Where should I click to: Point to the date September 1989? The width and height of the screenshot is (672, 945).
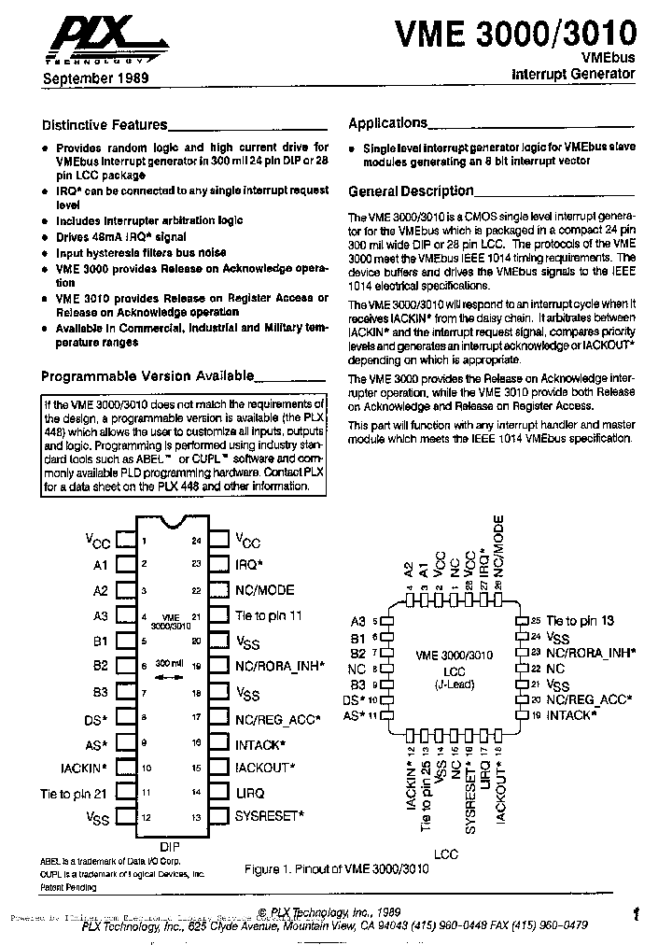click(95, 79)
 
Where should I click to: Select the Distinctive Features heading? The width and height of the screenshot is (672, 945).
click(105, 124)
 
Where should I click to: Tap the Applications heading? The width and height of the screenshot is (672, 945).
click(387, 122)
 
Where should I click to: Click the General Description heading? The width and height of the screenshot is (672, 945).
click(411, 190)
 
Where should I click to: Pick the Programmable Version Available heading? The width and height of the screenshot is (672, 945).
click(147, 375)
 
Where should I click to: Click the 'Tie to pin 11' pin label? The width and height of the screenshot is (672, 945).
click(269, 616)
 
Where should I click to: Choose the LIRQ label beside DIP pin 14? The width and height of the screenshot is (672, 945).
click(250, 792)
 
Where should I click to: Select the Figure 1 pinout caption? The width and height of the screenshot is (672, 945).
click(336, 868)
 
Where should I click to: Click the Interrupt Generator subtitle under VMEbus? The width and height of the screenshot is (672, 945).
click(575, 73)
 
